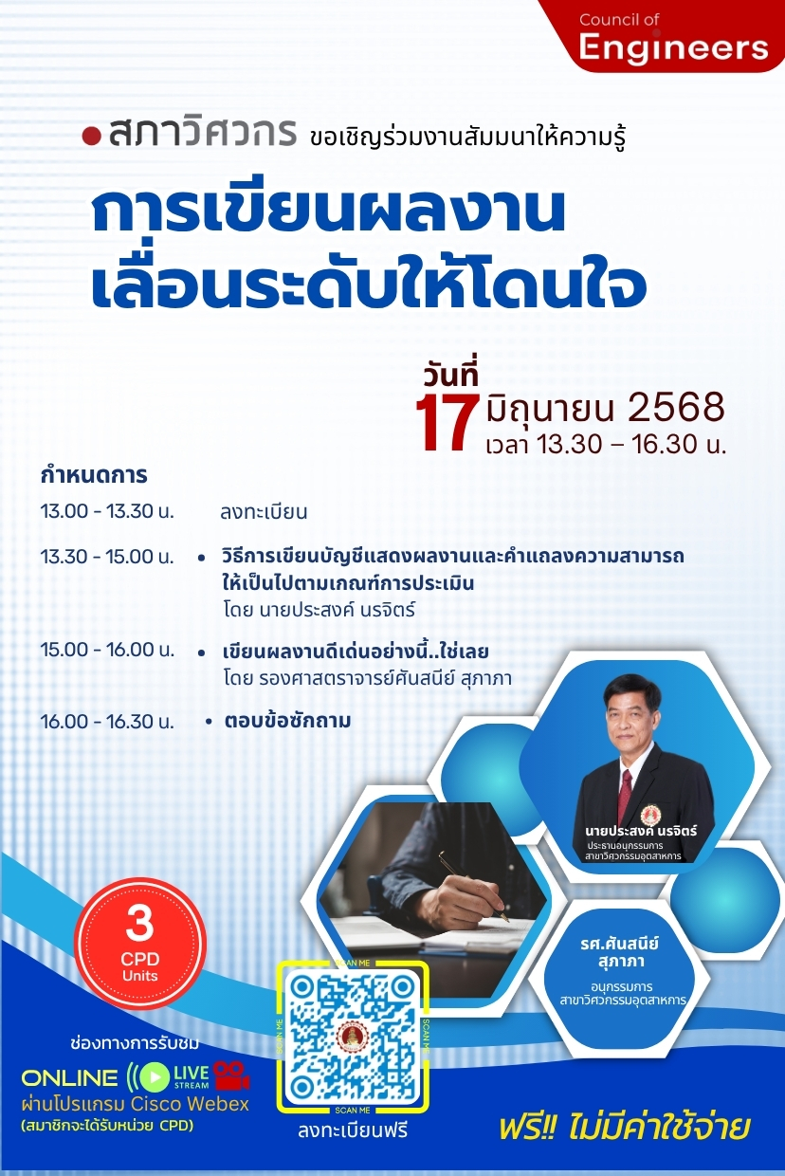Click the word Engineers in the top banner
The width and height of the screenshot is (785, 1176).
click(x=673, y=48)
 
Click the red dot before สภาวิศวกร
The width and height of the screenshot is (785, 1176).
click(x=91, y=136)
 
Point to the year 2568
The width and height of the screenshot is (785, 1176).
click(x=676, y=408)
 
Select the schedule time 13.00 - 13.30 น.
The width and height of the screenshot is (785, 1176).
click(x=107, y=511)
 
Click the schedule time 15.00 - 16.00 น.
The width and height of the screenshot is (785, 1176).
click(x=107, y=650)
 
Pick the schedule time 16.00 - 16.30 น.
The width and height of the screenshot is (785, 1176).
click(x=107, y=722)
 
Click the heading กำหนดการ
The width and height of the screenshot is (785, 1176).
click(x=94, y=475)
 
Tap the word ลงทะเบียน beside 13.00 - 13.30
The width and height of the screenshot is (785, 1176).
click(x=264, y=512)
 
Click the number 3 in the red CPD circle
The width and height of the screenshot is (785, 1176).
click(x=139, y=923)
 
